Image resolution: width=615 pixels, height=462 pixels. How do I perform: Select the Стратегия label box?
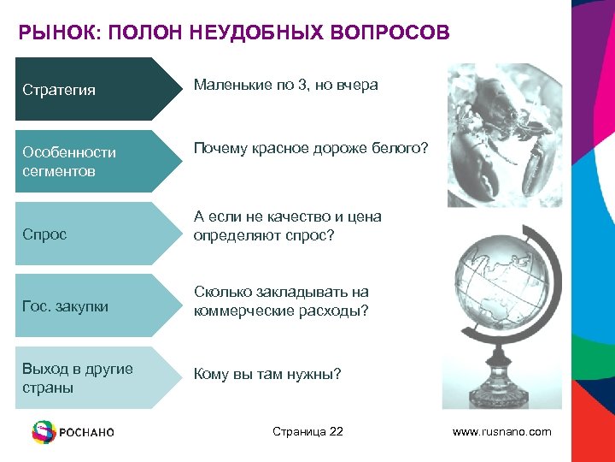point(85,89)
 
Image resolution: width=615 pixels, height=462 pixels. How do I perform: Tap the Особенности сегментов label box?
point(85,161)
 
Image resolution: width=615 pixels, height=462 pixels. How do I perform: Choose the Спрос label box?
point(85,234)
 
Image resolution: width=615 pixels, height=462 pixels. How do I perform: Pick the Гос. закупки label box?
point(85,305)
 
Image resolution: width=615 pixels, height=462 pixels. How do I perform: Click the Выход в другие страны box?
point(85,377)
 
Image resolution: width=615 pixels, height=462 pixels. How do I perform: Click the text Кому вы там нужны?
point(267,374)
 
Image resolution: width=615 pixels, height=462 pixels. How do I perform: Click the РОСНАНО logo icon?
point(43,432)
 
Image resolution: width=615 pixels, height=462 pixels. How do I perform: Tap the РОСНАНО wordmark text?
point(86,433)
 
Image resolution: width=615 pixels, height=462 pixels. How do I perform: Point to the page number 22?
point(335,431)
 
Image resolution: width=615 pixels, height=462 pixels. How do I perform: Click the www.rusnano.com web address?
point(501,432)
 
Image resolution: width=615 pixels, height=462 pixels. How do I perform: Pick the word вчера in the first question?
point(359,85)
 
